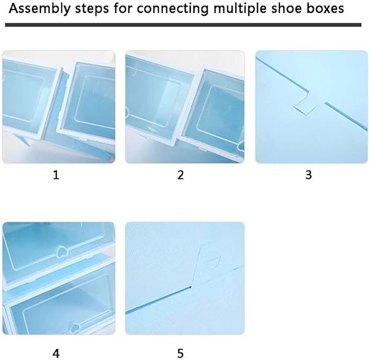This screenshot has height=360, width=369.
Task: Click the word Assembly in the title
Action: pos(40,9)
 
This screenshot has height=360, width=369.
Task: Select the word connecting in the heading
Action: pos(173,9)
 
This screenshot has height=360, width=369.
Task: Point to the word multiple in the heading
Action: pos(240,9)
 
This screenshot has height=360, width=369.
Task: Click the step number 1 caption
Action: pos(56,175)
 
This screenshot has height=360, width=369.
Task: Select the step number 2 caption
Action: pos(180,175)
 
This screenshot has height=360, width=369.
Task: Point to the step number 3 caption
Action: pos(309,175)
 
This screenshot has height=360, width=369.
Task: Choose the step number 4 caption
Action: pos(56,353)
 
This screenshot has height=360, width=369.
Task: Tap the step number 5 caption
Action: pos(180,353)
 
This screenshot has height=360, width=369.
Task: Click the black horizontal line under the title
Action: pos(183,25)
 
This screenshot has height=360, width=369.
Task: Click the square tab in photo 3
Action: pos(306,106)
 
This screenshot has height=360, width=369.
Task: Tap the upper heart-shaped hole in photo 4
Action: pos(62,251)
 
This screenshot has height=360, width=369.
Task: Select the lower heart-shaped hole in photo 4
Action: pos(75,327)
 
